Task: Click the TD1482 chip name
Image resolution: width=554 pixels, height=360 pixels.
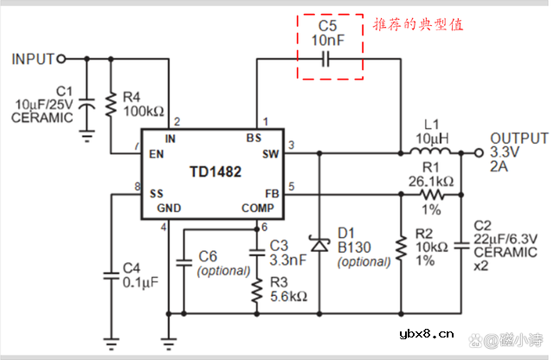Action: pyautogui.click(x=216, y=172)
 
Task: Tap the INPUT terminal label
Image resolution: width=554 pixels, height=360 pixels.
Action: pyautogui.click(x=32, y=59)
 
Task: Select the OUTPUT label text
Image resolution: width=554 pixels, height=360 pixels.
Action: pyautogui.click(x=519, y=138)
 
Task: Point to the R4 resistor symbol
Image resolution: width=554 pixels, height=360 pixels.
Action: pyautogui.click(x=111, y=106)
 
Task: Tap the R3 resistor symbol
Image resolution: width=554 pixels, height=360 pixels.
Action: pyautogui.click(x=256, y=289)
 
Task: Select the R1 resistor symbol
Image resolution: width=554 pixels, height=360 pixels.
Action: pyautogui.click(x=430, y=195)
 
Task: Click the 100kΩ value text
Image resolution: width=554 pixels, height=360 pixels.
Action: pyautogui.click(x=144, y=112)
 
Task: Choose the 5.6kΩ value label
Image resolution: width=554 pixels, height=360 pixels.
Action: pyautogui.click(x=288, y=296)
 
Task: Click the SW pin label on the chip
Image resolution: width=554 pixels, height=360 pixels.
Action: pyautogui.click(x=270, y=153)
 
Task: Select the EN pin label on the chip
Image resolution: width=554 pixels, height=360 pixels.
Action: pyautogui.click(x=157, y=154)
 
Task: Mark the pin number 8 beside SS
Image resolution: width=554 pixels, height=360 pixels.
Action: pyautogui.click(x=137, y=187)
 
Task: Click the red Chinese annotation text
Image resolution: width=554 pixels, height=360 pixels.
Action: pyautogui.click(x=418, y=25)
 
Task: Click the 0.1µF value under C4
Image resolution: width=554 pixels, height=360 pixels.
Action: pyautogui.click(x=141, y=282)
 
